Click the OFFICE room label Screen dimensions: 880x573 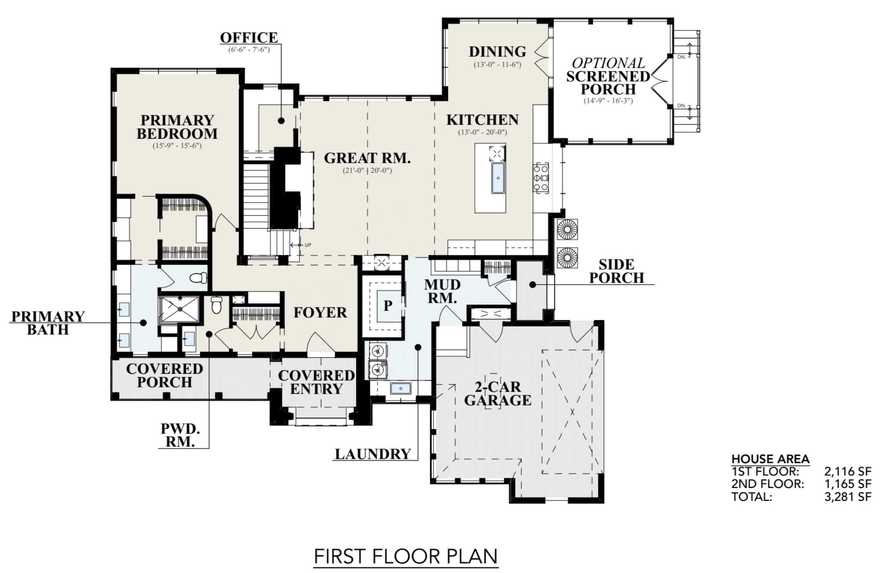coord(249,38)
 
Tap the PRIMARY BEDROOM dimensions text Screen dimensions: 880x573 coord(177,146)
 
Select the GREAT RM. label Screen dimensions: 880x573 coord(367,158)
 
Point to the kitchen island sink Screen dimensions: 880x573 coord(498,178)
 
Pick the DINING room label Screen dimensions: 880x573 coord(498,51)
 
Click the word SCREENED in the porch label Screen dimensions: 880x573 coord(608,76)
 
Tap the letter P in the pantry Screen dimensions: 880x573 coord(388,306)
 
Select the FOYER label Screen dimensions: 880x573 coord(320,312)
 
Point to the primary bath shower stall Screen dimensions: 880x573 coord(179,309)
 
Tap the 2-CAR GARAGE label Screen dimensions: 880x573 coord(498,393)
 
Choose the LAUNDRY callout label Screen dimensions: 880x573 coord(373,454)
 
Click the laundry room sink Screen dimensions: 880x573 coord(401,388)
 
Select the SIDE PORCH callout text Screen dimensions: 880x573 coord(617,271)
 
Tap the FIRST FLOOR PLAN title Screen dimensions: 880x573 coord(406,556)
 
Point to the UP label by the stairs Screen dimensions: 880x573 coord(308,245)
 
